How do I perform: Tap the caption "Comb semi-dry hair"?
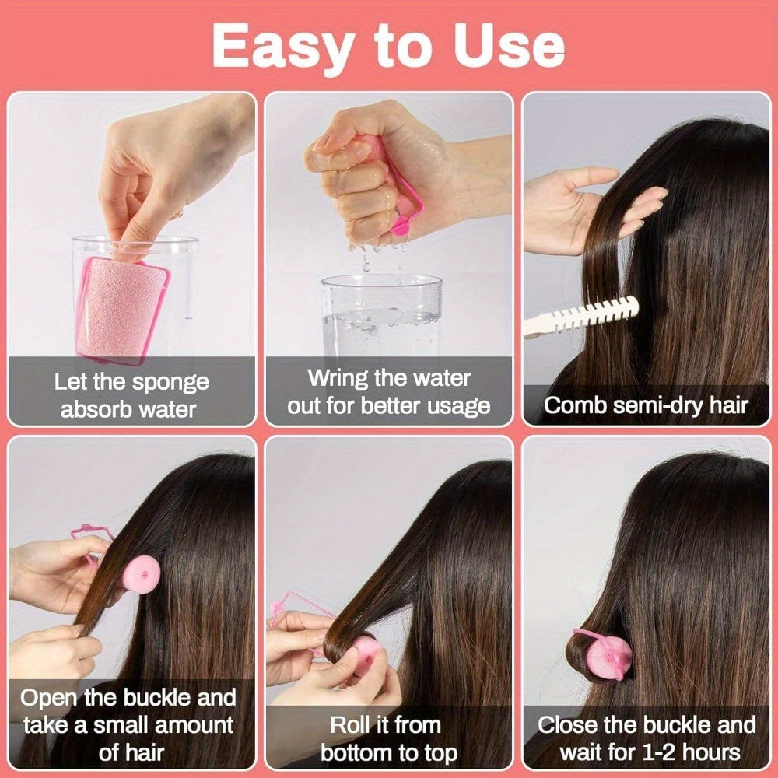(645, 405)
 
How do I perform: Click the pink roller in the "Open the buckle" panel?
(139, 573)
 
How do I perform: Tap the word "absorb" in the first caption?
(95, 409)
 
